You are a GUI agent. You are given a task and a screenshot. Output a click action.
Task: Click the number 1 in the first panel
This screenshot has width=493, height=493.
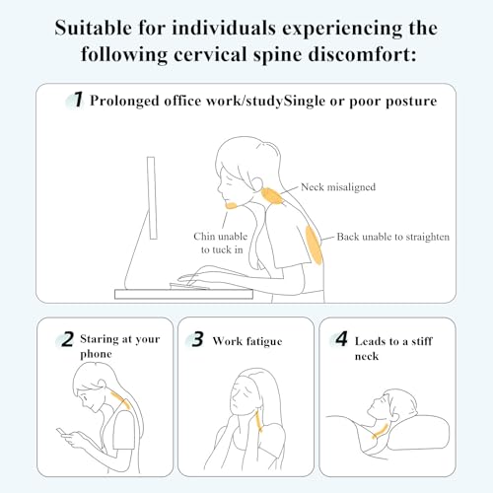tap(78, 100)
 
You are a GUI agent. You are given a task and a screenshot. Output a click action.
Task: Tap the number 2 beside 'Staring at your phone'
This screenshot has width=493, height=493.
tap(67, 339)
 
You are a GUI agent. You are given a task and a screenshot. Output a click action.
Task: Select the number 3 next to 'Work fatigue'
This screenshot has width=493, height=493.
tap(197, 339)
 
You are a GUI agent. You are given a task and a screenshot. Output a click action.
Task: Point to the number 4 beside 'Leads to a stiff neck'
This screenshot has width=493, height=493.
tap(341, 339)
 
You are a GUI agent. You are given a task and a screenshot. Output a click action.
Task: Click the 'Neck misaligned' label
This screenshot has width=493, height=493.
tap(338, 187)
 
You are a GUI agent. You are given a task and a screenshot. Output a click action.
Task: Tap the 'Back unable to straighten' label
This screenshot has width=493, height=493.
tap(393, 237)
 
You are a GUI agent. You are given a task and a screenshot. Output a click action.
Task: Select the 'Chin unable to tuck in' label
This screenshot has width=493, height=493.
tap(221, 243)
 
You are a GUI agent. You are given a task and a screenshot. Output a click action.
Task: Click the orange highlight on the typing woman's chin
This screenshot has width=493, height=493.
tap(231, 206)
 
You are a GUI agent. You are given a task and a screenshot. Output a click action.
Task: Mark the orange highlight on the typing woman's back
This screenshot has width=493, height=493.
tap(314, 245)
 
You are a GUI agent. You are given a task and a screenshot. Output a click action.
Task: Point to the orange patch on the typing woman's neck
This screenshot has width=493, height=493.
tap(272, 196)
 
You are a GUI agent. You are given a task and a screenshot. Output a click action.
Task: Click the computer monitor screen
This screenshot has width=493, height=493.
tap(152, 198)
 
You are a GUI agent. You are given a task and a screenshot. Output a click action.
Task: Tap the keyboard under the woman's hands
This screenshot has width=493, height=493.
tap(189, 286)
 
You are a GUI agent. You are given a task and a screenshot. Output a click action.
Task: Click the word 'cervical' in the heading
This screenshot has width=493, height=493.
tap(210, 54)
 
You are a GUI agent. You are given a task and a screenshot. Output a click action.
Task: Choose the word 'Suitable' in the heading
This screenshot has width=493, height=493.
tap(93, 28)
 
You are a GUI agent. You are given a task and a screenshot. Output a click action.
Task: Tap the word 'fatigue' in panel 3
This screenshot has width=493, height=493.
tap(264, 342)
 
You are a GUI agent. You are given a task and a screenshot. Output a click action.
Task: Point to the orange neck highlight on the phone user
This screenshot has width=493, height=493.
tap(120, 399)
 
